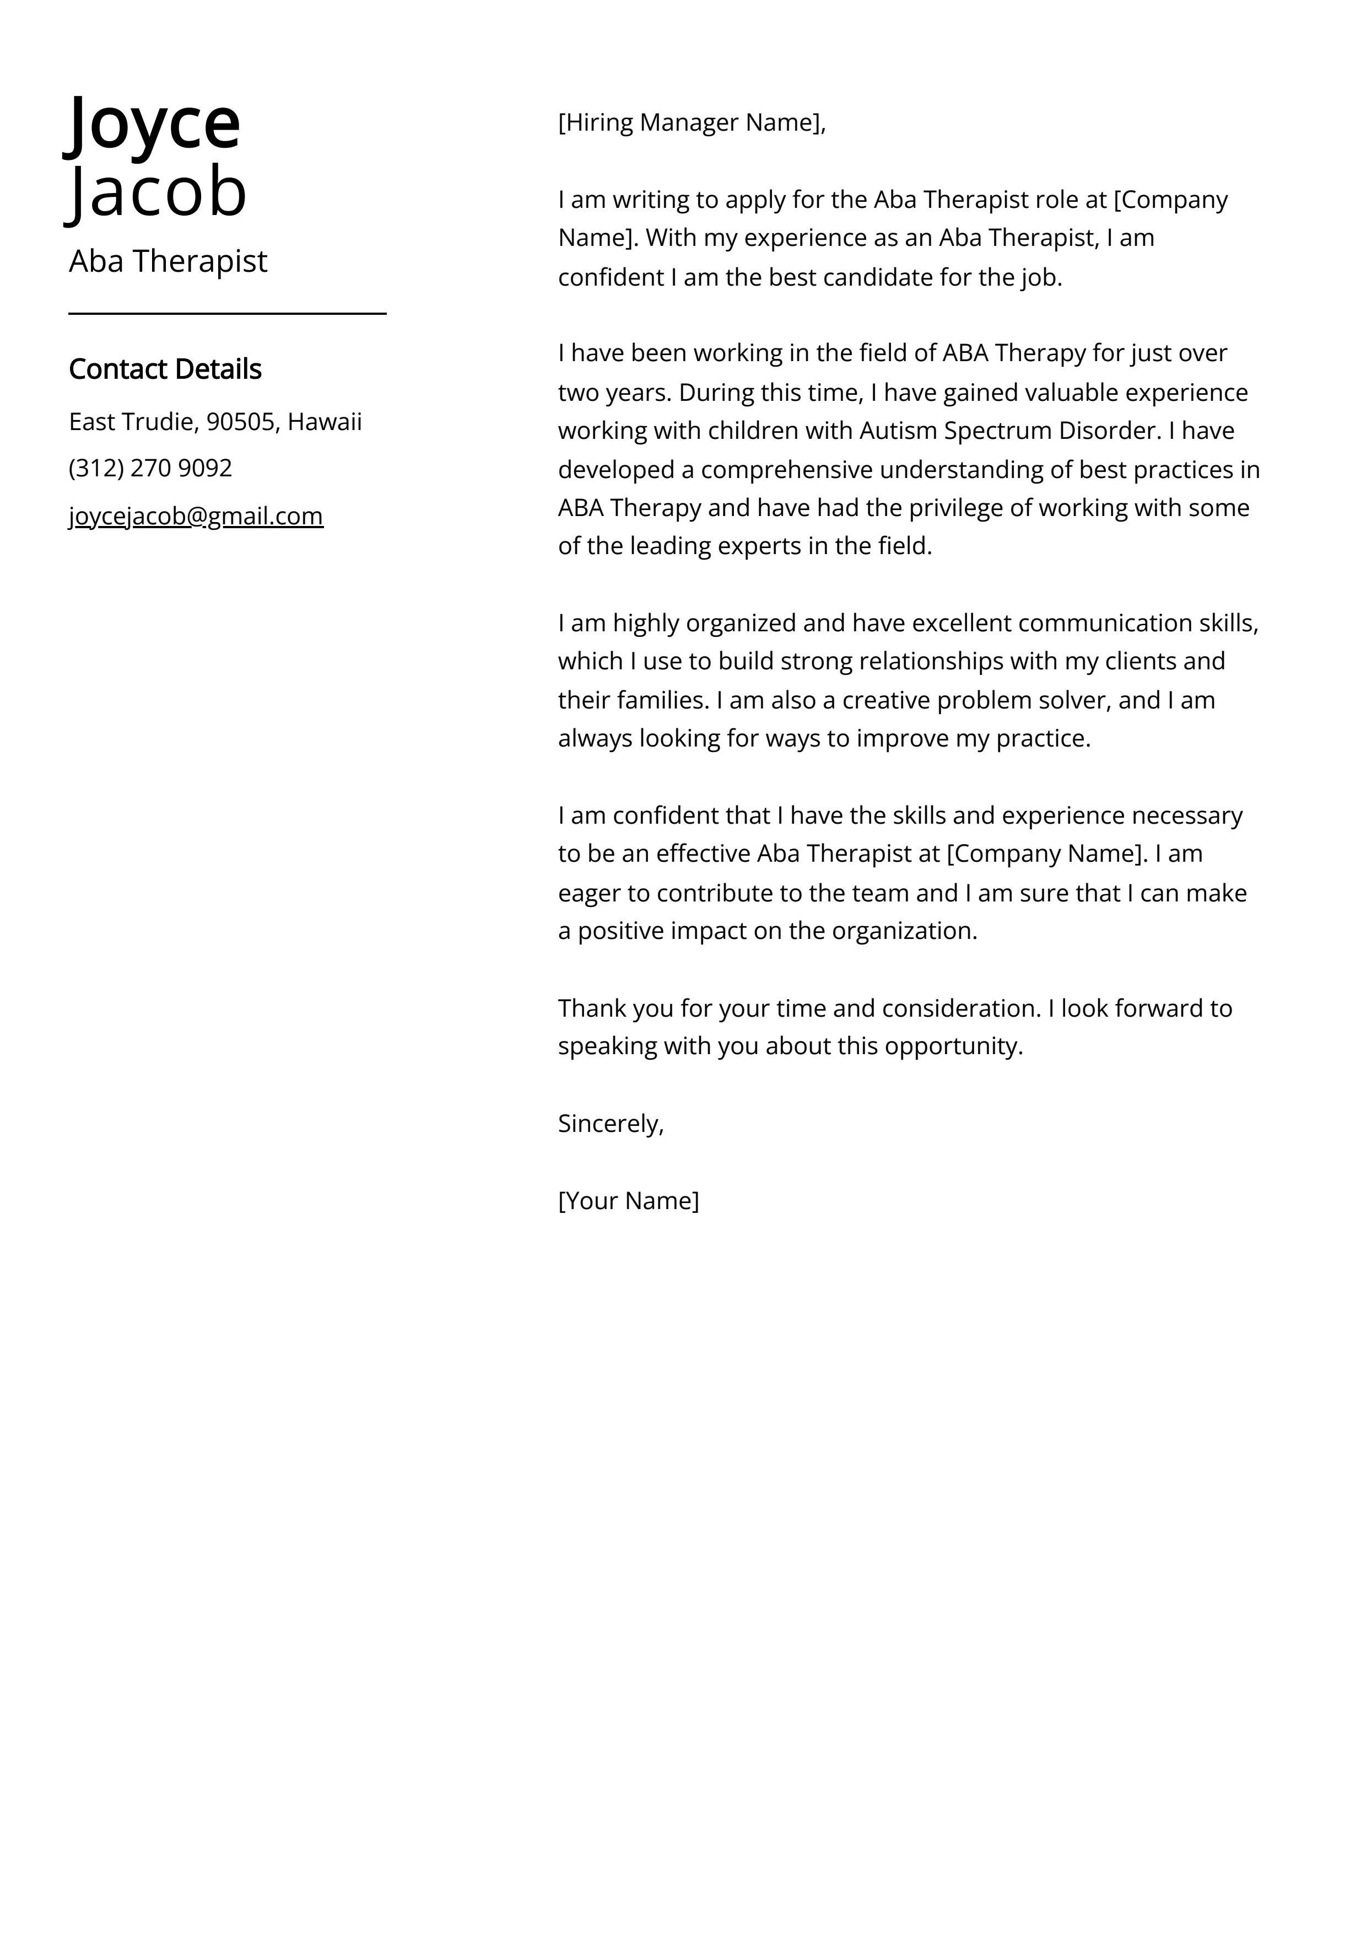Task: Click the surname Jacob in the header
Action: point(158,192)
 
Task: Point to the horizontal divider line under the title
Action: point(227,313)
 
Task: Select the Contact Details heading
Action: point(165,369)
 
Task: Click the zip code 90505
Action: point(241,421)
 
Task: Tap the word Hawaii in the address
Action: point(325,421)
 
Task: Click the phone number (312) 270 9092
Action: point(150,468)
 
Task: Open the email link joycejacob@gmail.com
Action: point(196,516)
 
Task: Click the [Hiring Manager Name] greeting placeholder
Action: point(691,123)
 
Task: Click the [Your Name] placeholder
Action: point(628,1201)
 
